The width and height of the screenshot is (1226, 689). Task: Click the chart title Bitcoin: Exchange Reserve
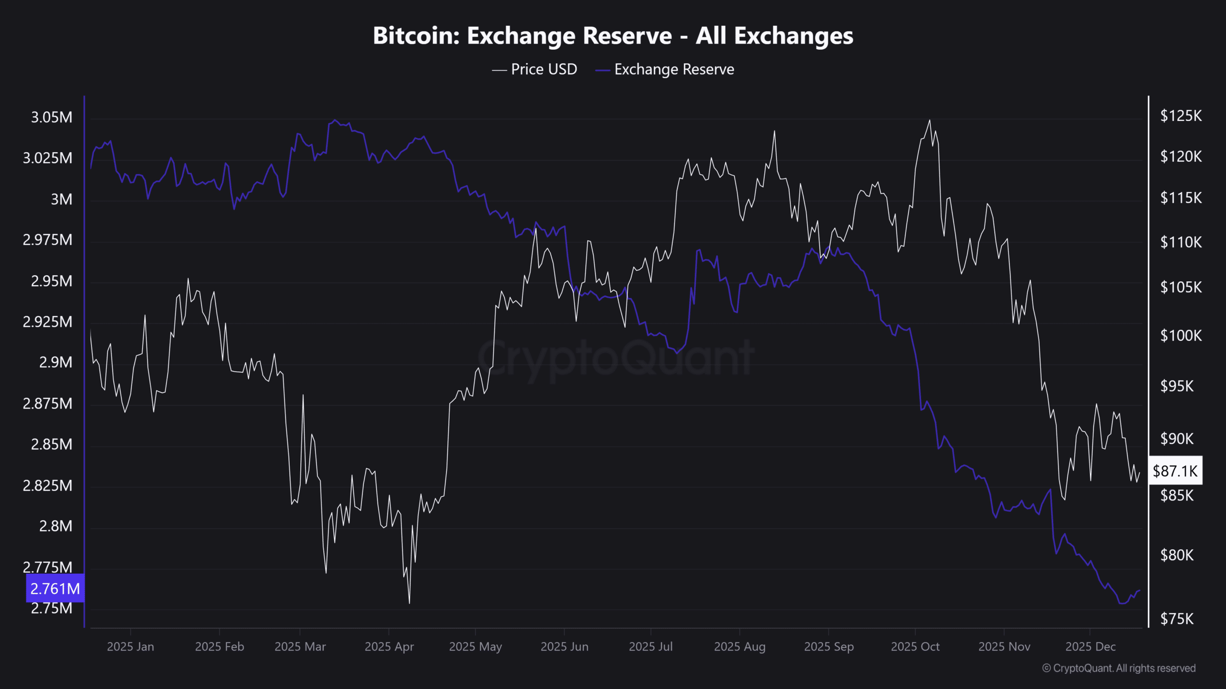tap(613, 36)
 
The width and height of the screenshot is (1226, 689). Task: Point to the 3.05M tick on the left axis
tap(52, 117)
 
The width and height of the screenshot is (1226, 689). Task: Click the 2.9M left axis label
tap(56, 362)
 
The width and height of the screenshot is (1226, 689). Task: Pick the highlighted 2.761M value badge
tap(55, 588)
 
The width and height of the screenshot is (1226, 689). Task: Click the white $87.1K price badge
tap(1175, 471)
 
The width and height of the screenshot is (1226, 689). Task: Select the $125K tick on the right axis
tap(1181, 116)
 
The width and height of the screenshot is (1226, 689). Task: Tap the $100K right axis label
tap(1181, 335)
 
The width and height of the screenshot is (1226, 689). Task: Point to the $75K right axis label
tap(1177, 619)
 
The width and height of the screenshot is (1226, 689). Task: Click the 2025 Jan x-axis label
tap(130, 646)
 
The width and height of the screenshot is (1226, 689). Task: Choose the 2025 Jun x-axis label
tap(564, 646)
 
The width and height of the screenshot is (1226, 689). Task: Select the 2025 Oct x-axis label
tap(915, 646)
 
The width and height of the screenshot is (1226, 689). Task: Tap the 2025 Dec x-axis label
tap(1090, 646)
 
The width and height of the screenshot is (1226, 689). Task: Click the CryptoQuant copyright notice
tap(1119, 668)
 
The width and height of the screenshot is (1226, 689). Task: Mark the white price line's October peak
tap(930, 120)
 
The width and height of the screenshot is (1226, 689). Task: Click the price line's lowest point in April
tap(409, 603)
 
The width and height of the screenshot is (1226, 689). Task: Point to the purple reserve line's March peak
tap(335, 120)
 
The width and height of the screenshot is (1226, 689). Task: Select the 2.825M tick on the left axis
tap(47, 486)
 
